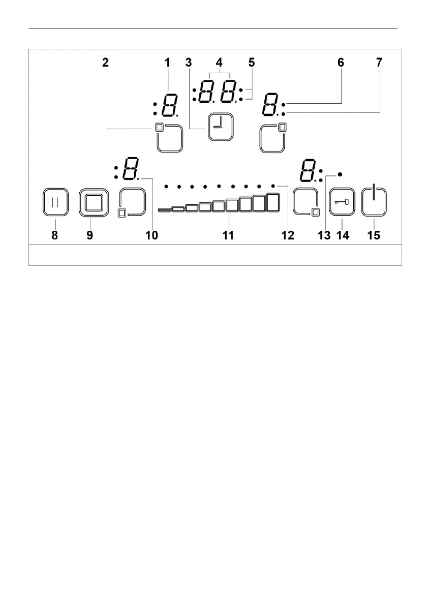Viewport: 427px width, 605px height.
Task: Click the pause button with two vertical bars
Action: (x=55, y=202)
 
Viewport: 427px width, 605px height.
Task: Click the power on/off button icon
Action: (x=374, y=202)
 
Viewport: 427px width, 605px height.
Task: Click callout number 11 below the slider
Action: (x=229, y=235)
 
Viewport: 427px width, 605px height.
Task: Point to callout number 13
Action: (x=324, y=235)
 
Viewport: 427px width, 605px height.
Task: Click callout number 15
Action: (x=374, y=235)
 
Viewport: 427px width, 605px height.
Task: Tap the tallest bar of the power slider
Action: (x=273, y=202)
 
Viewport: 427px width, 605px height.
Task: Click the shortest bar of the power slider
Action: (x=165, y=209)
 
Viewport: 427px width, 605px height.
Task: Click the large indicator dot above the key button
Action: (x=340, y=174)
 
